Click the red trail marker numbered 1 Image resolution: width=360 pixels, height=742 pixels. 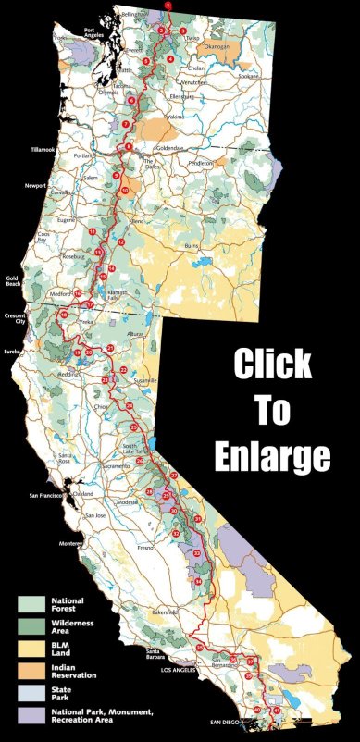click(x=168, y=6)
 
